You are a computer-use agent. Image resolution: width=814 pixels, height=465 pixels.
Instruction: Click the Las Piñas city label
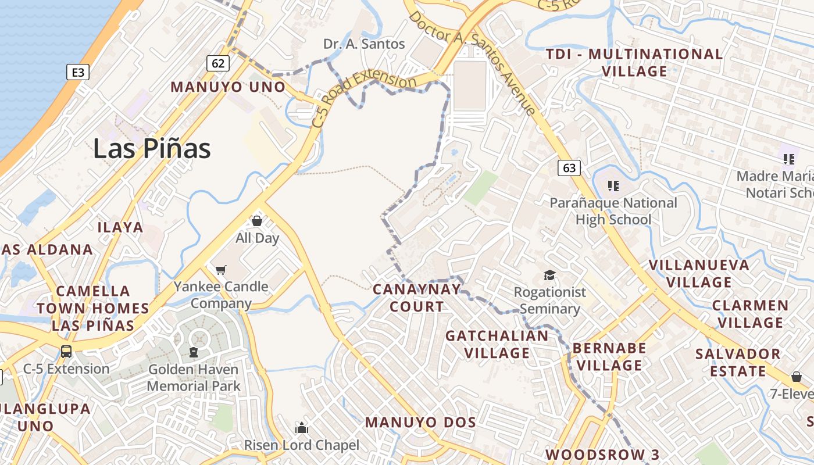click(x=152, y=149)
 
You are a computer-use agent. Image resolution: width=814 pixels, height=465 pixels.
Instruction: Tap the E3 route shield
click(x=77, y=72)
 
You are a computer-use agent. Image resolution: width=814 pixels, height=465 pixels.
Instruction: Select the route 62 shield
click(x=218, y=63)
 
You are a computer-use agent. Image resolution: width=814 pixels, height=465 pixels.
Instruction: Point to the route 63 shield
click(x=569, y=168)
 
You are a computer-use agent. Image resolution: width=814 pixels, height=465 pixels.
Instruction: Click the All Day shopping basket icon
click(x=257, y=221)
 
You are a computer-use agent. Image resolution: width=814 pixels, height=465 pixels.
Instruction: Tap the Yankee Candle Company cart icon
click(x=220, y=270)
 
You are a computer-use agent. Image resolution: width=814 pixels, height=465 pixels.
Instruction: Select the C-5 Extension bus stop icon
click(x=66, y=352)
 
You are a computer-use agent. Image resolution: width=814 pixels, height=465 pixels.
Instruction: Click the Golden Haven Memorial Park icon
click(x=193, y=352)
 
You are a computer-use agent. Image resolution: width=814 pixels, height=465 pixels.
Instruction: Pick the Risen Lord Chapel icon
click(x=301, y=428)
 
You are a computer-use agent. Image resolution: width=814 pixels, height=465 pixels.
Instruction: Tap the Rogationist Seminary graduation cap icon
click(x=549, y=275)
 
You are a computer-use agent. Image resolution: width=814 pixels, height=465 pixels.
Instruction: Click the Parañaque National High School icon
click(x=613, y=186)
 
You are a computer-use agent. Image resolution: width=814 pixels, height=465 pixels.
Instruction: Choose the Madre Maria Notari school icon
click(x=788, y=159)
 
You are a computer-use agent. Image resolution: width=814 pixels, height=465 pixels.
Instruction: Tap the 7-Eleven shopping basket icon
click(x=796, y=377)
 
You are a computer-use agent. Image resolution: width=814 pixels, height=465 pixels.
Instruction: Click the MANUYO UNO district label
click(x=228, y=87)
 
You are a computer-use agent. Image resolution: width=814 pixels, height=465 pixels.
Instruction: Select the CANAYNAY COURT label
click(x=416, y=298)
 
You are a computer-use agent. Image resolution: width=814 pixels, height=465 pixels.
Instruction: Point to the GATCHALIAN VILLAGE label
click(x=497, y=344)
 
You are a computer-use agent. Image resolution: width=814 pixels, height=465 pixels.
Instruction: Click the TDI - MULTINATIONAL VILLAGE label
click(x=634, y=63)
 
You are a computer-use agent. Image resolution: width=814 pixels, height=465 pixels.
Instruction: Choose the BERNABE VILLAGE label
click(x=609, y=357)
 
